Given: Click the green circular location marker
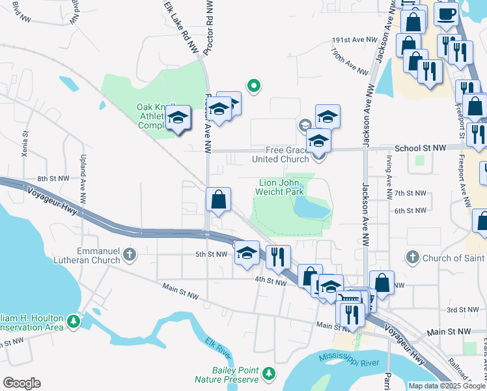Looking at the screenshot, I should tap(255, 85).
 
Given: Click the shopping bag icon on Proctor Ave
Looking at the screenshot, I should tap(219, 199).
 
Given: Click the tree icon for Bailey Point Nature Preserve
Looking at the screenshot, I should tap(268, 374).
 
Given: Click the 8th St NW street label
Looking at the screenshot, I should tap(53, 178).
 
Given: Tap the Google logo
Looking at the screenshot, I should tap(22, 383).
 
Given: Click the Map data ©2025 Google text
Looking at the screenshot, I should tap(446, 386).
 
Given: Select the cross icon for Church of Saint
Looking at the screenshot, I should tap(411, 258).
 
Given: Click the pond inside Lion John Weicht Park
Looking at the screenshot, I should tap(310, 208).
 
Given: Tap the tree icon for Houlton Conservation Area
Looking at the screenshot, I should tap(74, 321).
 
